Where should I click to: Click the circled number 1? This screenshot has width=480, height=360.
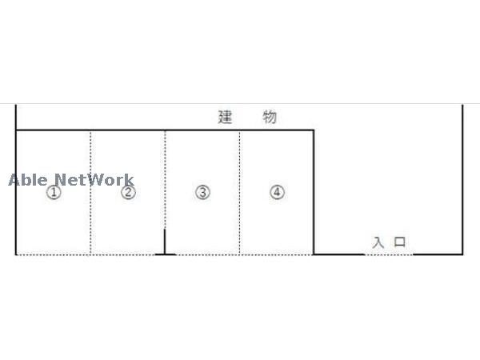tap(53, 193)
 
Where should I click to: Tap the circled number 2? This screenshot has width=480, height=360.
tap(128, 193)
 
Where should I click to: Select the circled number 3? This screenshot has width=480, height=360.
tap(202, 193)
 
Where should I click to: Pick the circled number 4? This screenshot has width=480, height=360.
tap(277, 193)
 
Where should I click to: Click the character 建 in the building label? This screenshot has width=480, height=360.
tap(225, 117)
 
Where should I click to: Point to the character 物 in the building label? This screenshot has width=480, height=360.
tap(270, 117)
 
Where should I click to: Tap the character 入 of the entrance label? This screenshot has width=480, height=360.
tap(378, 242)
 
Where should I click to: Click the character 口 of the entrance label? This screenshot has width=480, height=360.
tap(401, 242)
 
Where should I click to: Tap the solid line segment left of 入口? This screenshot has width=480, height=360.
tap(338, 254)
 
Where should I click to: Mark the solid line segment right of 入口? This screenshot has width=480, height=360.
tap(438, 254)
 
